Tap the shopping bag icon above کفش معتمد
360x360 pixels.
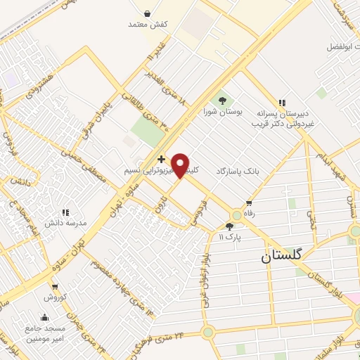point(147,13)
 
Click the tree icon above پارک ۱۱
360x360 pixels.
point(229,226)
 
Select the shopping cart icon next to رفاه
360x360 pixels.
point(249,203)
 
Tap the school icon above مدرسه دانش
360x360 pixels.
point(65,211)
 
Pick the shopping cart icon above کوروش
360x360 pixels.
point(55,287)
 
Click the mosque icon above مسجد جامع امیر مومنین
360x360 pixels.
point(45,317)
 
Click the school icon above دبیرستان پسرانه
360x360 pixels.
point(283,103)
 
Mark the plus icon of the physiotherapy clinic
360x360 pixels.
point(162,160)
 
